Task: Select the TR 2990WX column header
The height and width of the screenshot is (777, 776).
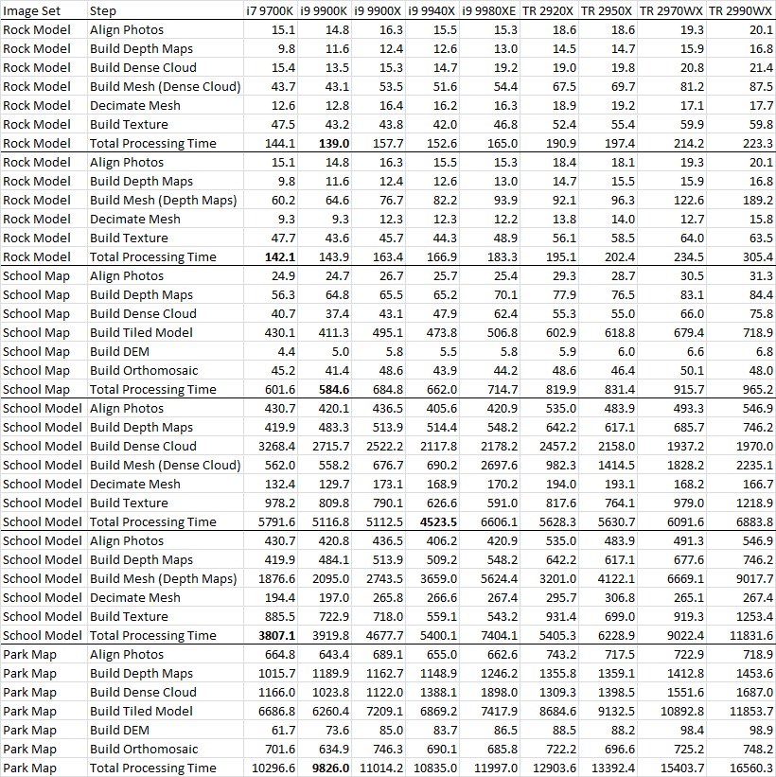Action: coord(741,10)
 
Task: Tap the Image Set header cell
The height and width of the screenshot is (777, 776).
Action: coord(31,10)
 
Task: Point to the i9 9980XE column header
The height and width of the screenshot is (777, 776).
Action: coord(489,10)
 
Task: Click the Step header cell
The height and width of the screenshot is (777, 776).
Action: coord(103,10)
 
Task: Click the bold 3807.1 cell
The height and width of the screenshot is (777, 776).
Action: coord(275,635)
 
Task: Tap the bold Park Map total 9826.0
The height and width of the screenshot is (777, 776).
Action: coord(330,768)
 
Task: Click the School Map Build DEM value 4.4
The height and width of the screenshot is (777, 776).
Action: coord(286,351)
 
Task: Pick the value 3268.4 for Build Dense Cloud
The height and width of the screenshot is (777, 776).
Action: coord(275,446)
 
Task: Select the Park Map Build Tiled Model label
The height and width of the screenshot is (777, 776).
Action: coord(141,711)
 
